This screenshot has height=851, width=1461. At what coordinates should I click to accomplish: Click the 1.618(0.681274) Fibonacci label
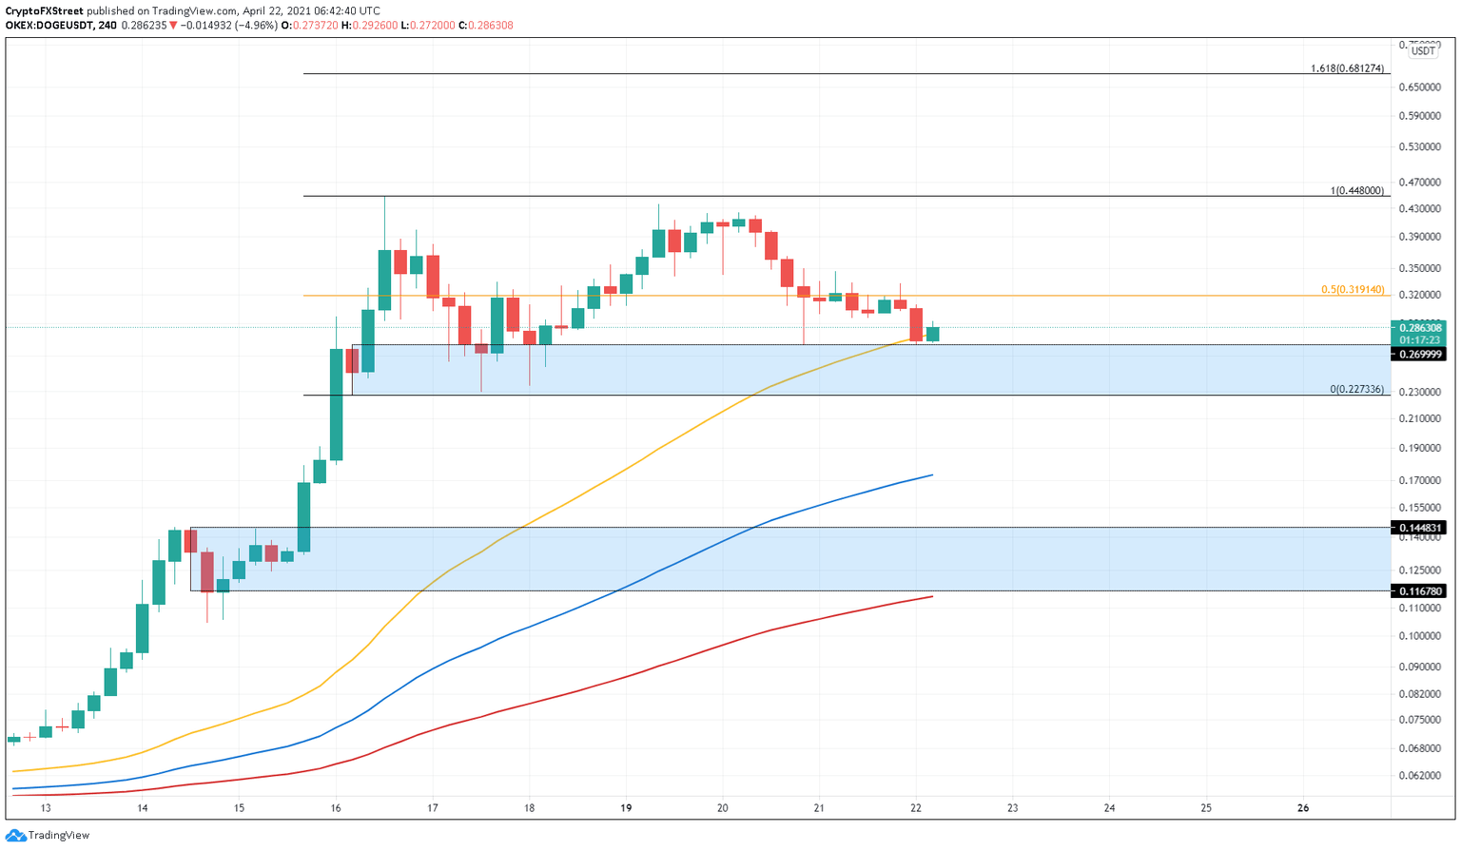coord(1347,68)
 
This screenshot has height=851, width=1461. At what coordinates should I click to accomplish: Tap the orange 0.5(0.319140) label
coord(1353,290)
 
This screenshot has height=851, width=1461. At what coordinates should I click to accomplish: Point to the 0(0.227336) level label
coord(1356,390)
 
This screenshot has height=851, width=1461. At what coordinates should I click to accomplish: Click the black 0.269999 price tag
coord(1420,355)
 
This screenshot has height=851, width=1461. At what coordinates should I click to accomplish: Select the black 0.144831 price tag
coord(1420,528)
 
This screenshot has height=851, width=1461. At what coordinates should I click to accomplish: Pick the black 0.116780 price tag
coord(1420,591)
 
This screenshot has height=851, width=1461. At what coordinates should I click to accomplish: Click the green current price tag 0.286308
coord(1420,328)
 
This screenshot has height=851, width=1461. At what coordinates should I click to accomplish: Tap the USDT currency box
coord(1423,51)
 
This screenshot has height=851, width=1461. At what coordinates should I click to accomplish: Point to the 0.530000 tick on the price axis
coord(1421,147)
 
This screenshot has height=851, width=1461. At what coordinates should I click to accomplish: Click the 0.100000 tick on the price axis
coord(1421,636)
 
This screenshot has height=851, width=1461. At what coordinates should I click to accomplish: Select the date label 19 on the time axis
coord(626,808)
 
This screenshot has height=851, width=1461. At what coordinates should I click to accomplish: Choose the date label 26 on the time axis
coord(1303,808)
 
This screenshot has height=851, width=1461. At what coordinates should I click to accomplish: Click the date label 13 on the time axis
coord(46,808)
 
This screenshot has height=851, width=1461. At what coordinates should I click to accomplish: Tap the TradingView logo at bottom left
coord(48,835)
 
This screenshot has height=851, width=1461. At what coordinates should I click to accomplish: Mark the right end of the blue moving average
coord(932,474)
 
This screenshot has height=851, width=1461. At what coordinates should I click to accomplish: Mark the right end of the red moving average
coord(932,596)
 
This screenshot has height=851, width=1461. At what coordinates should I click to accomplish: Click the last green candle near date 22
coord(933,334)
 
